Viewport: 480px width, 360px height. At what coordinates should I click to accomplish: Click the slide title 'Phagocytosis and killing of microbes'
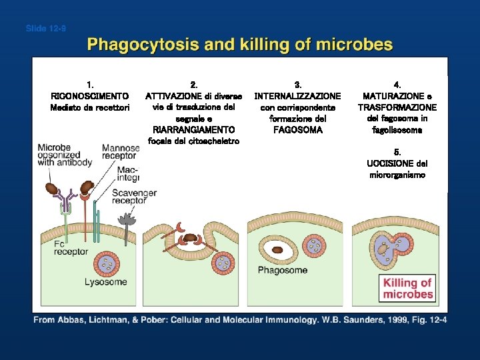pyautogui.click(x=240, y=45)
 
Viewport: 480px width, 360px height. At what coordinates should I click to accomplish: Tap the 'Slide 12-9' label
pyautogui.click(x=45, y=28)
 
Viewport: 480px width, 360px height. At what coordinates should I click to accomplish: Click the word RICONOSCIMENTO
pyautogui.click(x=90, y=96)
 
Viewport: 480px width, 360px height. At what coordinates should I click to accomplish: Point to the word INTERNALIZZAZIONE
pyautogui.click(x=297, y=96)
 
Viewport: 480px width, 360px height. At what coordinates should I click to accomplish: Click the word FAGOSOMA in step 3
pyautogui.click(x=297, y=130)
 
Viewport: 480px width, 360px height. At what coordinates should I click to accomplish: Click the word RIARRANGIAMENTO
pyautogui.click(x=193, y=130)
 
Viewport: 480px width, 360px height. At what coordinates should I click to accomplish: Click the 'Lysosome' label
pyautogui.click(x=105, y=282)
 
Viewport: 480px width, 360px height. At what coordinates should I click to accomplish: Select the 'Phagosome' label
pyautogui.click(x=283, y=270)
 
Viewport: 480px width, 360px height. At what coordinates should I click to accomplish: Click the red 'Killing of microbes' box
pyautogui.click(x=408, y=288)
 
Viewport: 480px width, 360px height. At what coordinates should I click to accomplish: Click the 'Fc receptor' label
pyautogui.click(x=71, y=248)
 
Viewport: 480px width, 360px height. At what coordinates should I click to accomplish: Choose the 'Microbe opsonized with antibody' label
pyautogui.click(x=65, y=155)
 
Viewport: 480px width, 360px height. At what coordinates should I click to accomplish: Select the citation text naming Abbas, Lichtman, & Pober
pyautogui.click(x=240, y=321)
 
